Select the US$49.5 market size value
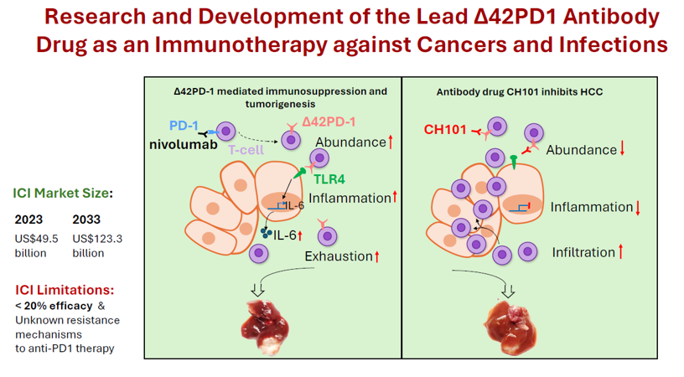coord(36,238)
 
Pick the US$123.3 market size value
coord(97,238)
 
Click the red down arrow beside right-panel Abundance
coord(623,150)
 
